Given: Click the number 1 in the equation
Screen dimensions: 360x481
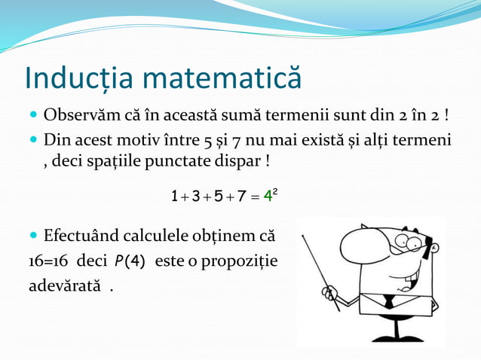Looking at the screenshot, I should tap(175, 197).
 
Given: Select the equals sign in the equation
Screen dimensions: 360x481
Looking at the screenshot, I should tap(255, 198).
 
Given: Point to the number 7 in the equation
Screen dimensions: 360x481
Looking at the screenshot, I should tap(240, 197).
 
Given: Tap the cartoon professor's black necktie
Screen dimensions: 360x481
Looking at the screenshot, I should tap(388, 301).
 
